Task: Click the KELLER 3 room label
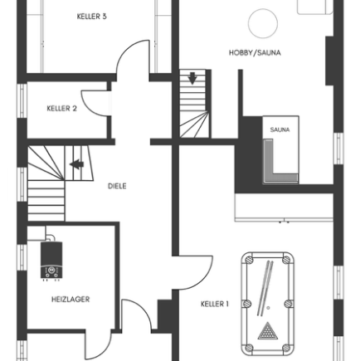coord(91,17)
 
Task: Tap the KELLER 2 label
coord(61,108)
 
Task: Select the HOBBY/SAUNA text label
coord(255,52)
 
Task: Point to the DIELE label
coord(117,186)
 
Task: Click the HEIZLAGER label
coord(71,300)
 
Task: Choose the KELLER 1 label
coord(215,304)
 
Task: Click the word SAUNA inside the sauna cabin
coord(280,129)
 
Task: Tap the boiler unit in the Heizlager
coord(51,260)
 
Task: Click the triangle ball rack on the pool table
coord(268,330)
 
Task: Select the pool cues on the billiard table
coord(265,288)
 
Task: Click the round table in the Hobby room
coord(263,23)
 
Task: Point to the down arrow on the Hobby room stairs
coord(192,78)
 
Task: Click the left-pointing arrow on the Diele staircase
coord(76,164)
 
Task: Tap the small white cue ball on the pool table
coord(268,308)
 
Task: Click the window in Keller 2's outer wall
coord(22,100)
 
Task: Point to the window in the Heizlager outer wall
coord(22,257)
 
